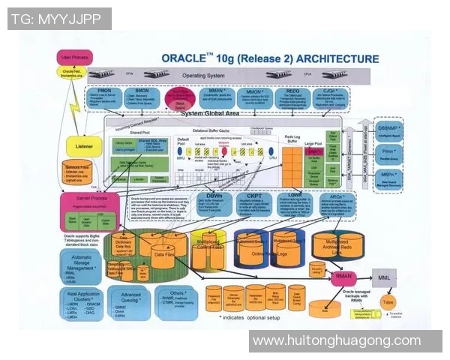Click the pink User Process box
(x=76, y=57)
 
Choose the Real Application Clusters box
(x=82, y=306)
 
